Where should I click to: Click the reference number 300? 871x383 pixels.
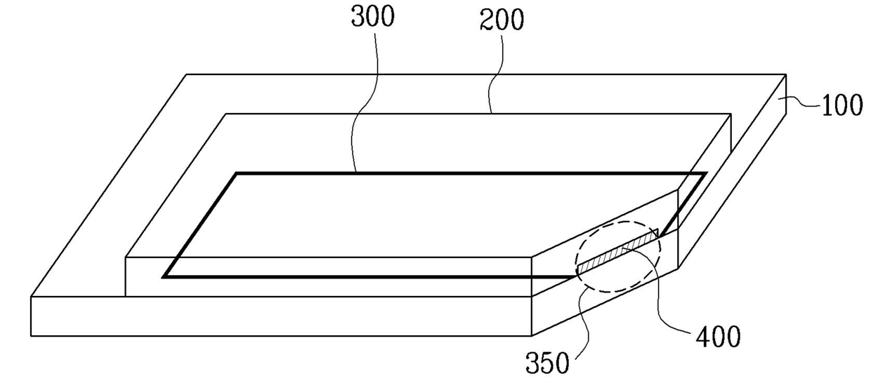point(372,17)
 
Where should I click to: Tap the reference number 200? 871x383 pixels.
point(502,20)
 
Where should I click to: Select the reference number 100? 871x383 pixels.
point(841,105)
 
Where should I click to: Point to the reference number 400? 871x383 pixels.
point(718,337)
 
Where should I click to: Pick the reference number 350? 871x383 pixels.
point(547,363)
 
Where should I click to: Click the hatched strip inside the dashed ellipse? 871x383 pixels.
point(618,251)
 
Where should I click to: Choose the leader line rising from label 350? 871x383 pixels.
point(583,326)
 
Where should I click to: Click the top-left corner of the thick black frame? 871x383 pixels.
point(237,173)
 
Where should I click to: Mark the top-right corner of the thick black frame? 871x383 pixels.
point(705,173)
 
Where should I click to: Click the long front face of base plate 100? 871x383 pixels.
point(281,316)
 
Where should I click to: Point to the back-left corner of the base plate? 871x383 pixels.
point(186,74)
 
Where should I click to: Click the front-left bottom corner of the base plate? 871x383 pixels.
point(31,335)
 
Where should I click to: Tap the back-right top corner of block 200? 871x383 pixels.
point(731,114)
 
